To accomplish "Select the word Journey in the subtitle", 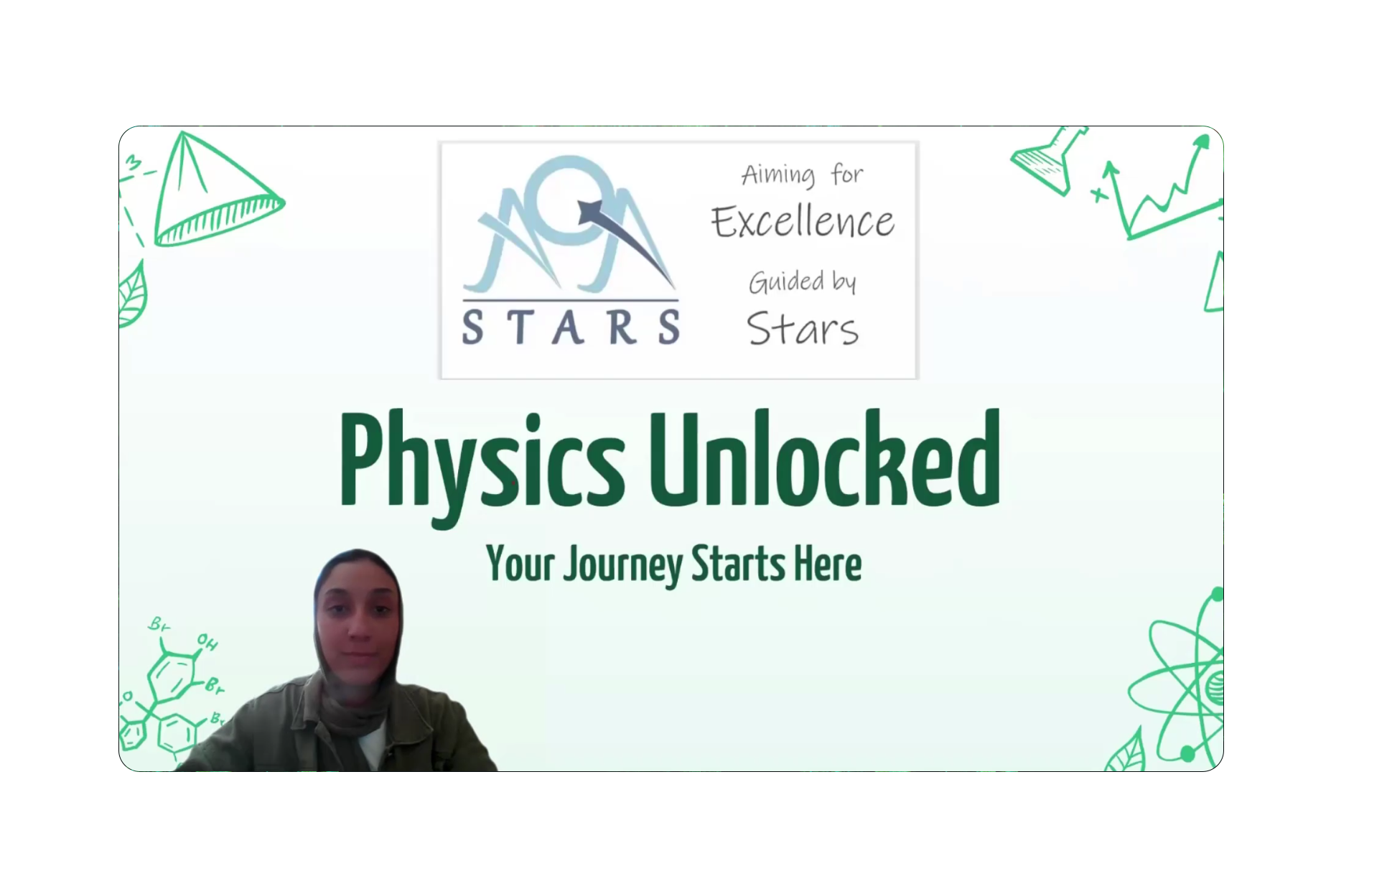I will [622, 566].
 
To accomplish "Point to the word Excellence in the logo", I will [803, 222].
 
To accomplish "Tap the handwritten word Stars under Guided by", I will [803, 330].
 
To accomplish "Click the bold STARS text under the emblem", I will [571, 327].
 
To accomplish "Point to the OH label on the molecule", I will [207, 642].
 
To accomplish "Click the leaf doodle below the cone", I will [134, 295].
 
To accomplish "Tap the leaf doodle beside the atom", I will [1126, 751].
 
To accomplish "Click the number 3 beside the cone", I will [134, 163].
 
